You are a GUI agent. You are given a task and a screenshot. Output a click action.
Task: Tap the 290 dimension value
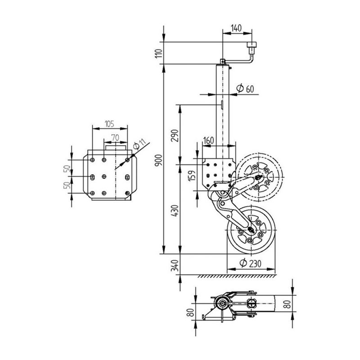175,135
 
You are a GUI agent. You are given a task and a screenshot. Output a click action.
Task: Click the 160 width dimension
208,140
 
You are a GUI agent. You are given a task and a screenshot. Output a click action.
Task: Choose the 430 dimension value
175,210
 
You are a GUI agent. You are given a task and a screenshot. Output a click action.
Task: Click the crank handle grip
252,46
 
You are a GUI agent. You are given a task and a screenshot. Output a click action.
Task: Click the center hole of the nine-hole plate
104,176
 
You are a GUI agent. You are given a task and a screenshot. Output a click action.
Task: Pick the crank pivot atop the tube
222,61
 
